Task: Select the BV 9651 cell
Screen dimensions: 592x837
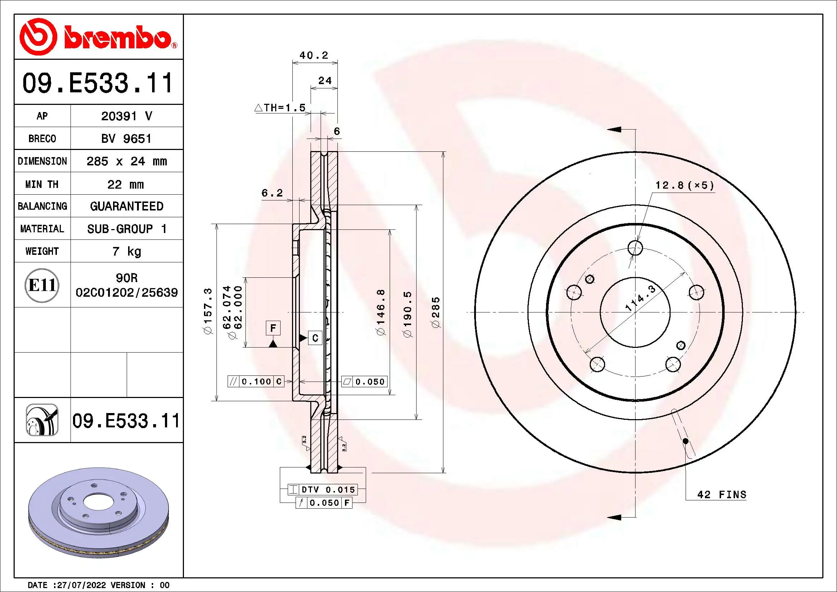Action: coord(126,139)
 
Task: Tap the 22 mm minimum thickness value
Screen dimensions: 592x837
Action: coord(126,184)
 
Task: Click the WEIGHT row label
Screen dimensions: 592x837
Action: coord(42,251)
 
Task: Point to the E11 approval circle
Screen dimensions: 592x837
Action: coord(42,285)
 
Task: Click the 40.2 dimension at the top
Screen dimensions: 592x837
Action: coord(314,55)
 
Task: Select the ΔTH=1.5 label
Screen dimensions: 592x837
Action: coord(279,107)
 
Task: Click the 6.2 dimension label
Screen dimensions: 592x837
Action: coord(272,193)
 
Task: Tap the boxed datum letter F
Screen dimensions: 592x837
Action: coord(273,328)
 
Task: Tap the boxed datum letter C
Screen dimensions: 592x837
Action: coord(315,338)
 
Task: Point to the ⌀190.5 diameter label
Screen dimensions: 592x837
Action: coord(408,314)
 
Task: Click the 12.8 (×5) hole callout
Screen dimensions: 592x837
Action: coord(685,185)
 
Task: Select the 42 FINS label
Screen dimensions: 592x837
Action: coord(721,495)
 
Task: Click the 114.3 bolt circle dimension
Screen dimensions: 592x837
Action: coord(641,298)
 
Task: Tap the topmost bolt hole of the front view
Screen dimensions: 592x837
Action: coord(636,248)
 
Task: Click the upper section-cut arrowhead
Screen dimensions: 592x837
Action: coord(615,130)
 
